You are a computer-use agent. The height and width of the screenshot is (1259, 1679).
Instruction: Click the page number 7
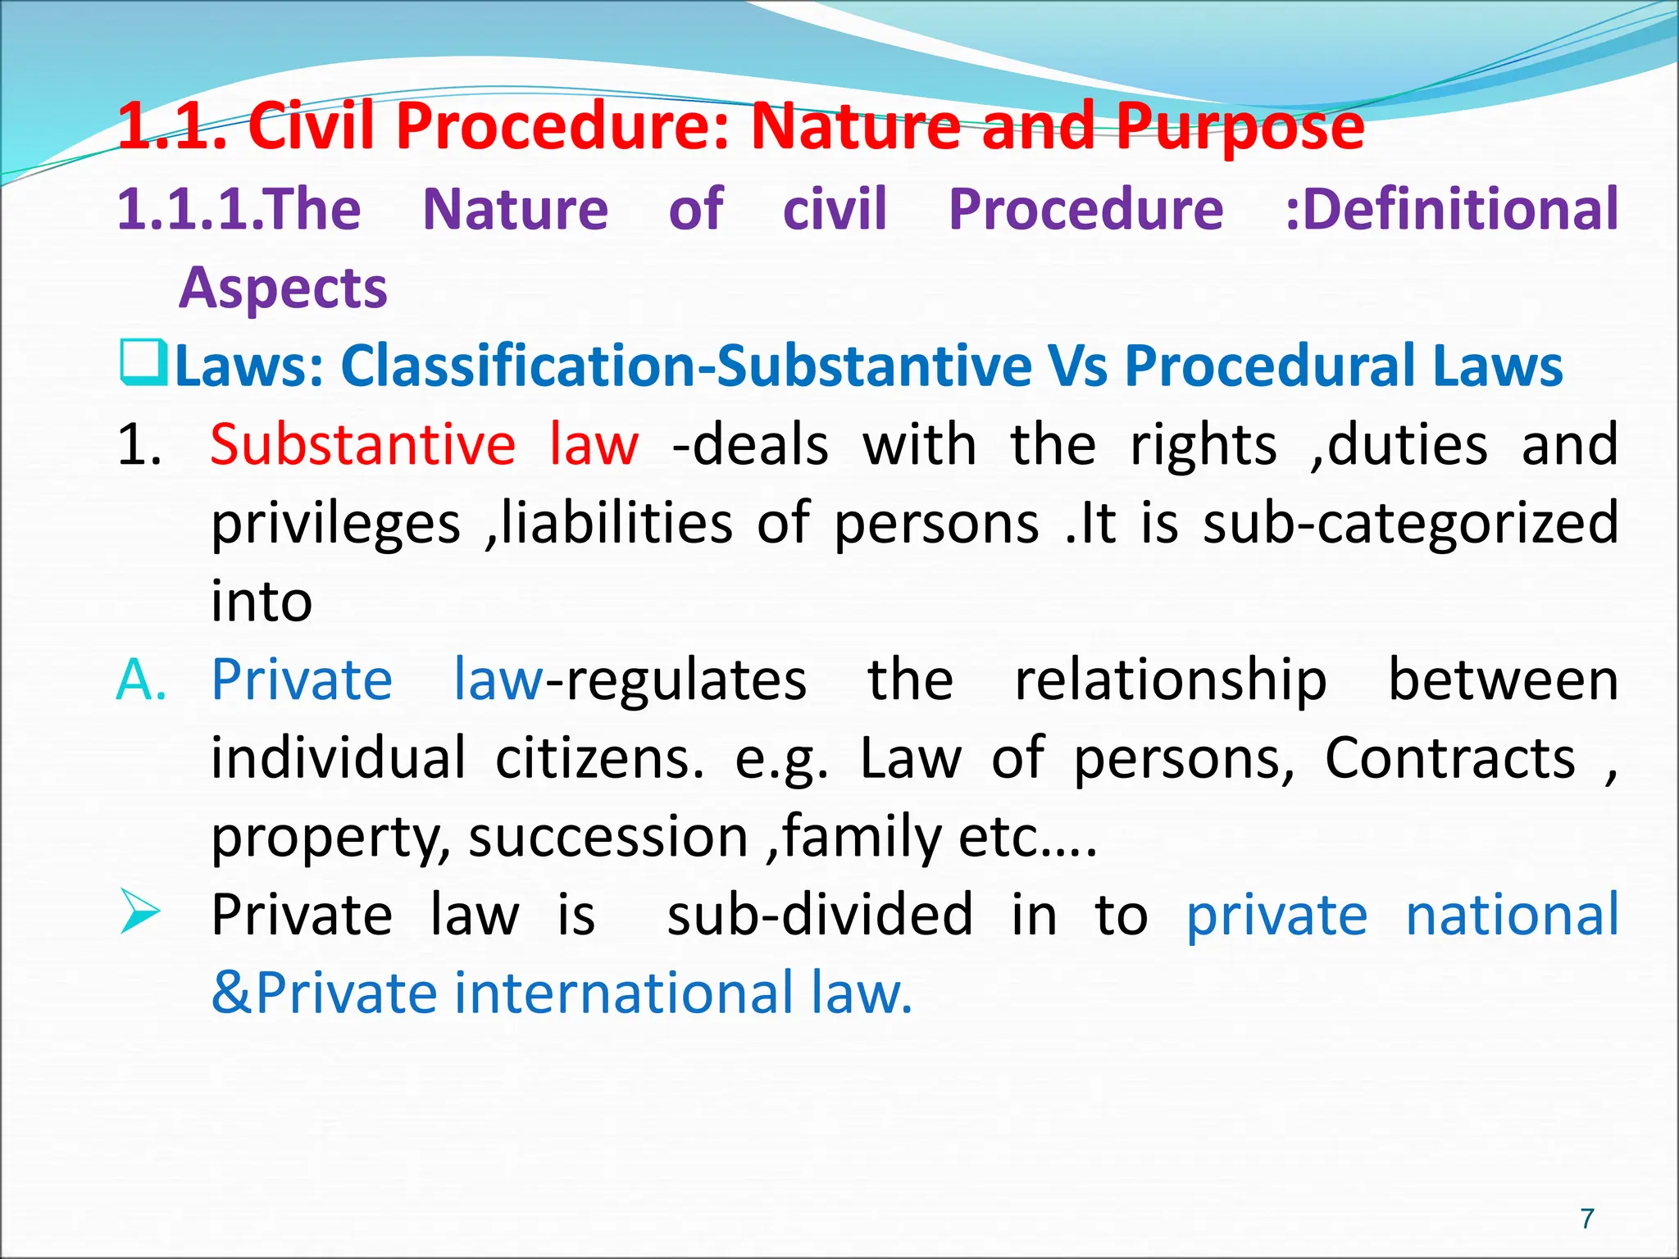coord(1587,1218)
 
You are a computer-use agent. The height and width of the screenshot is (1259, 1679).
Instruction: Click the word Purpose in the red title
coord(1240,127)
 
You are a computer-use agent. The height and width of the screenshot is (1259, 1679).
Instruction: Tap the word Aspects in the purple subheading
coord(283,289)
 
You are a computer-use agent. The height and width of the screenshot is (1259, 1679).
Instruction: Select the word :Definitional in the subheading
coord(1452,209)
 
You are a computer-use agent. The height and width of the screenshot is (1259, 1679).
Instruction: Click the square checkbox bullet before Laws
coord(143,363)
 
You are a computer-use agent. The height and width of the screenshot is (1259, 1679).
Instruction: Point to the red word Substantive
coord(362,445)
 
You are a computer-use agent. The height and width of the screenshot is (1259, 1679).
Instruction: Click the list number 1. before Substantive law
coord(139,445)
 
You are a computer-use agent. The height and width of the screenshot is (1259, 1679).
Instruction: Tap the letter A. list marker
coord(141,680)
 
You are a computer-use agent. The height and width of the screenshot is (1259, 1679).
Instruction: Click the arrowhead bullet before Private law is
coord(139,911)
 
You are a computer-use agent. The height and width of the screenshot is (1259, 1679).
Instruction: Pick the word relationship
coord(1171,680)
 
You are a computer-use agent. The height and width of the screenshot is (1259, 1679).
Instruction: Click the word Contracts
coord(1449,758)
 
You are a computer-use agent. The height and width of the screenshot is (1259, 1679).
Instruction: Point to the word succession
coord(608,838)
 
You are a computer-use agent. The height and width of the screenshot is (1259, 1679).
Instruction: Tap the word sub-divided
coord(820,915)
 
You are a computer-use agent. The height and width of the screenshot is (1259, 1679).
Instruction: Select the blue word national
coord(1512,915)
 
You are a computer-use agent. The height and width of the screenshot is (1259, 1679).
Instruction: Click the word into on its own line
coord(262,602)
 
